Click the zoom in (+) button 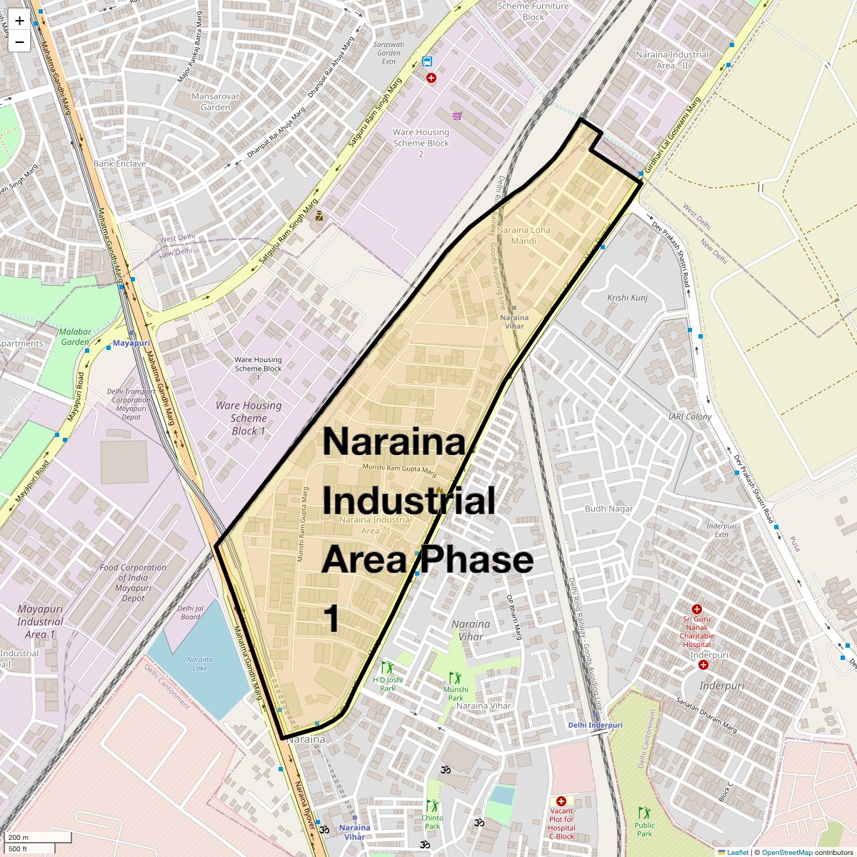pos(19,21)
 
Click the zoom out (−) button pos(19,42)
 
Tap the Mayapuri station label pos(131,344)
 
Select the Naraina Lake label pos(199,664)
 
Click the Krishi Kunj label pos(627,298)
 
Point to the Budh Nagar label pos(609,509)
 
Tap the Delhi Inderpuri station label pos(595,725)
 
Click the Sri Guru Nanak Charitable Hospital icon pos(697,609)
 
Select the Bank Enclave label pos(120,164)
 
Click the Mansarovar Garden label pos(216,101)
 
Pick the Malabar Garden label pos(76,336)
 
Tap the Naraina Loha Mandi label pos(523,236)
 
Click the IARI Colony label pos(690,416)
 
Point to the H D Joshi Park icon pos(387,668)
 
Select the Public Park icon pos(644,813)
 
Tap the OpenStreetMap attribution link pos(787,852)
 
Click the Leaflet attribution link pos(738,852)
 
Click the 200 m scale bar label pos(19,838)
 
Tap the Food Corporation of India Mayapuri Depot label pos(133,583)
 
